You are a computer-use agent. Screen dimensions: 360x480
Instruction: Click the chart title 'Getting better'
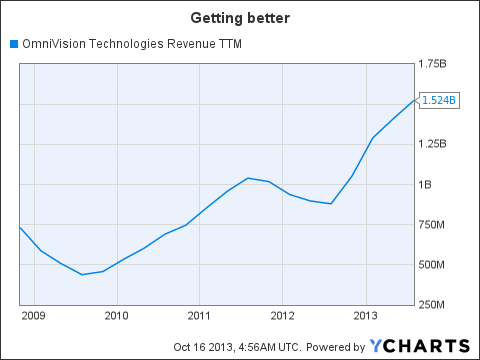[240, 20]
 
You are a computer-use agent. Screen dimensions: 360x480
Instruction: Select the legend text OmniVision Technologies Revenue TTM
[130, 44]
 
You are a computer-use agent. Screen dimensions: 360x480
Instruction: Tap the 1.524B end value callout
[439, 100]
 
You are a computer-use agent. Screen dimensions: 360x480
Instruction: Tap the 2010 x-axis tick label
[117, 317]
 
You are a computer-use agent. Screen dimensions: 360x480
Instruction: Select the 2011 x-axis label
[199, 317]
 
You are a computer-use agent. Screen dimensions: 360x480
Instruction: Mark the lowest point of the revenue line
[83, 274]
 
